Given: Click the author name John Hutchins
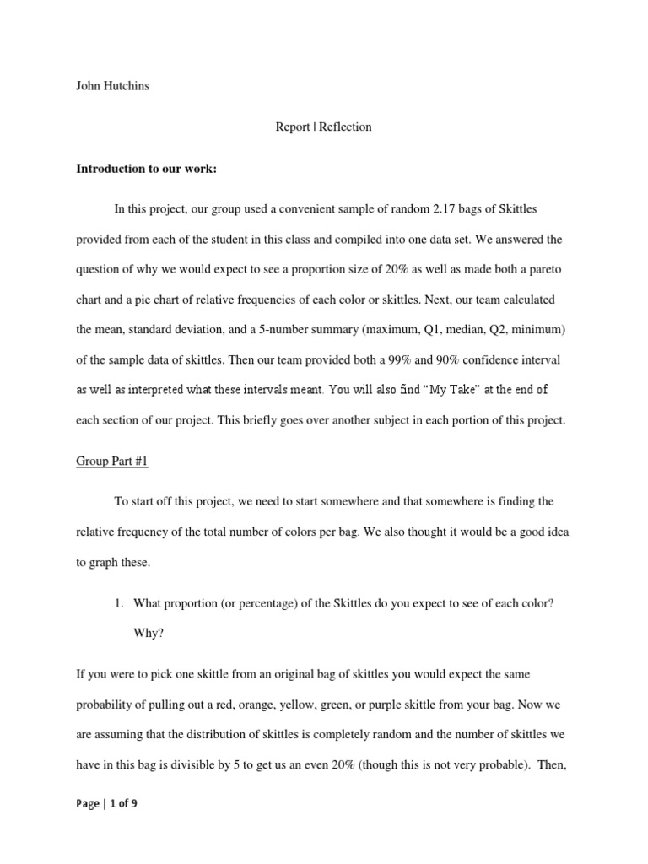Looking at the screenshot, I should click(x=113, y=86).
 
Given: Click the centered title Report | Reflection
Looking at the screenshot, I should click(x=323, y=127).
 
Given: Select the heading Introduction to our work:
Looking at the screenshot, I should click(x=146, y=169).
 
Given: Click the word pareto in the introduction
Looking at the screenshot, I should click(x=544, y=270).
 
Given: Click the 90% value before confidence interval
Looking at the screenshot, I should click(x=479, y=360).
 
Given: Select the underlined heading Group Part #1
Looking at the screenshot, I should click(x=111, y=462).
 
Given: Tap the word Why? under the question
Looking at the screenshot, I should click(x=148, y=633).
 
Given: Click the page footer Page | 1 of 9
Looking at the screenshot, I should click(x=106, y=804).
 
